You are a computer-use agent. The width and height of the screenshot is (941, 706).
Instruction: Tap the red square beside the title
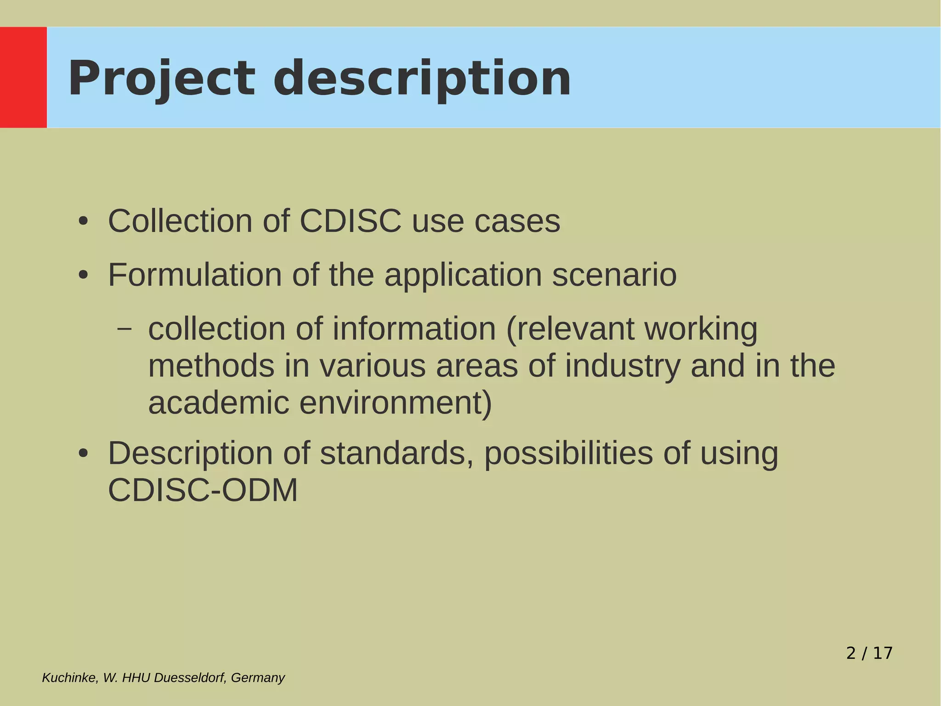tap(23, 77)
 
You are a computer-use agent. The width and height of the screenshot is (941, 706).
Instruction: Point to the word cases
tap(517, 222)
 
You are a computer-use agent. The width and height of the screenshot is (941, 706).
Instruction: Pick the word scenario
tap(614, 275)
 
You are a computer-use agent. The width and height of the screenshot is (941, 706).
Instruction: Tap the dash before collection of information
tap(124, 328)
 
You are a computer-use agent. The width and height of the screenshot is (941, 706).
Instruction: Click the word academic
tap(219, 403)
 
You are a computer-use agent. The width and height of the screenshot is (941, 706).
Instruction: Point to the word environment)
tap(396, 403)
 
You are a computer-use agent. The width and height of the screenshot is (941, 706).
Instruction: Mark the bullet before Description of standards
tap(83, 453)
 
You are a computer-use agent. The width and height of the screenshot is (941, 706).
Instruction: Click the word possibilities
tap(568, 453)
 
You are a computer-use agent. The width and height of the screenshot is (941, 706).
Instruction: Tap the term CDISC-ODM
tap(203, 490)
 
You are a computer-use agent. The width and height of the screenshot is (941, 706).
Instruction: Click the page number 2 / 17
tap(869, 653)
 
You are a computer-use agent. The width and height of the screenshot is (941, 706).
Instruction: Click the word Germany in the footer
tap(258, 678)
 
